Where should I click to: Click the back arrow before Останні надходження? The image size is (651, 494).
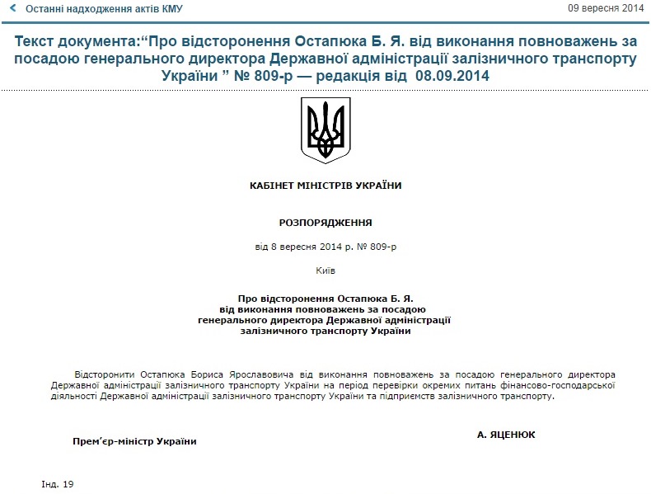[x=12, y=8]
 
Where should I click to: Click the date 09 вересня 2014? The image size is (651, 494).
[x=606, y=8]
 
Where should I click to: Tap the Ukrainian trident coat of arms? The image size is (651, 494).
[x=325, y=130]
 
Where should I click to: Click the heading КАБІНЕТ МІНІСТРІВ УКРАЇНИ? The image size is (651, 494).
[x=325, y=186]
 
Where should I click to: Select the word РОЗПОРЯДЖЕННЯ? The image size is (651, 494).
[x=325, y=223]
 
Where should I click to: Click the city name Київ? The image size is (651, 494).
[x=325, y=270]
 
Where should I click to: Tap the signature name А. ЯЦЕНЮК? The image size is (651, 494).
[x=506, y=434]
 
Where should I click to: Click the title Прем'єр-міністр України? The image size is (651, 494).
[x=135, y=441]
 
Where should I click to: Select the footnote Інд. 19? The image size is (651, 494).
[x=58, y=483]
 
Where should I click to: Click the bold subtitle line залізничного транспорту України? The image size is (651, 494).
[x=325, y=331]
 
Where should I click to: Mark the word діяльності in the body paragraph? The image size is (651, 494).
[x=73, y=396]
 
